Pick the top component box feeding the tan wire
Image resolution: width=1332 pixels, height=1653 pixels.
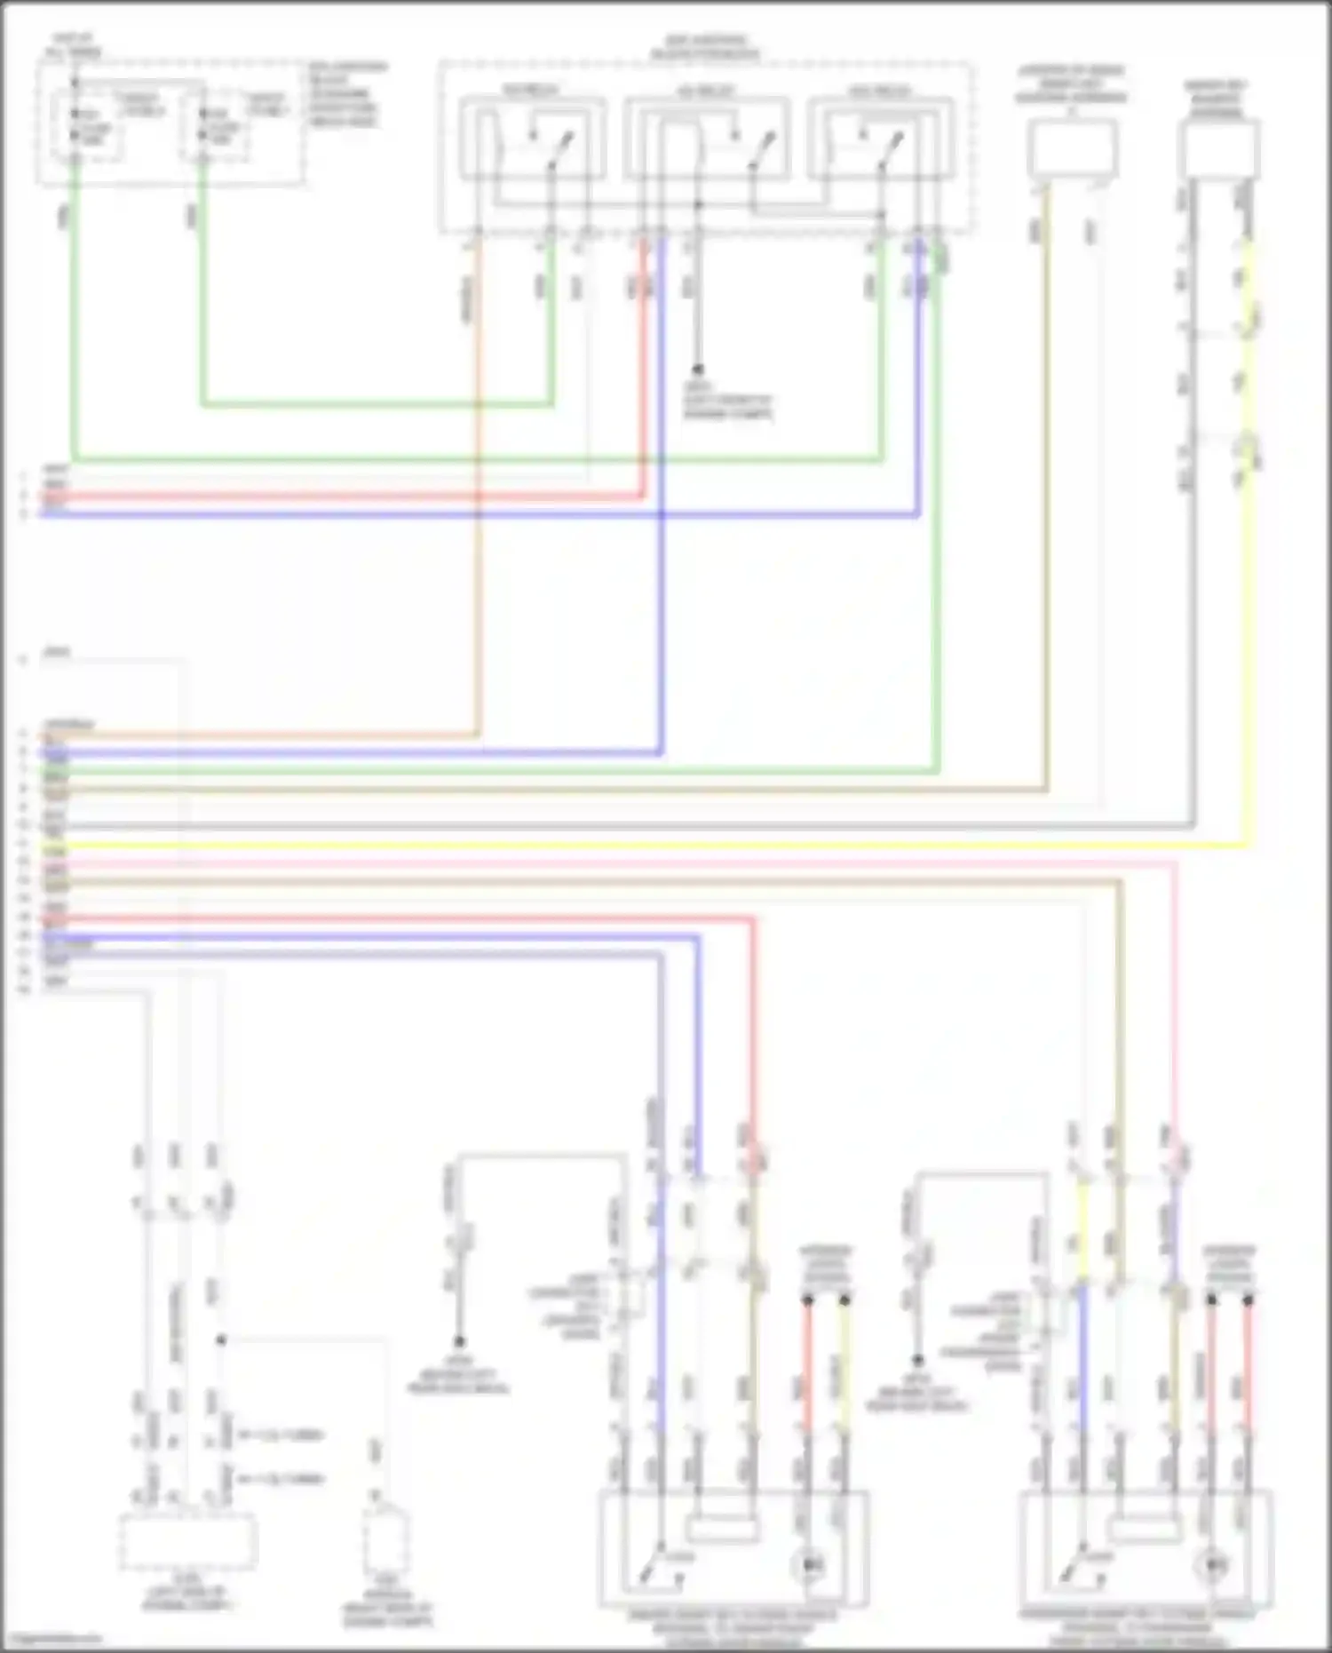(1072, 148)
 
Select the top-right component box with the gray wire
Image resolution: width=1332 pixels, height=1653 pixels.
(1218, 148)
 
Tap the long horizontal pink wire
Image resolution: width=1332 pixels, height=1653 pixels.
(622, 862)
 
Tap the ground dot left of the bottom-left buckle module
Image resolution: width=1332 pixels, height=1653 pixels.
(459, 1342)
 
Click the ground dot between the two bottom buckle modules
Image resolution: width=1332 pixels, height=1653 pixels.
(918, 1360)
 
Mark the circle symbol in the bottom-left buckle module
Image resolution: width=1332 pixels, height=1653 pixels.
(808, 1566)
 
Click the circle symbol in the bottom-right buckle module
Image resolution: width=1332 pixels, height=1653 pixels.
(1213, 1566)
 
